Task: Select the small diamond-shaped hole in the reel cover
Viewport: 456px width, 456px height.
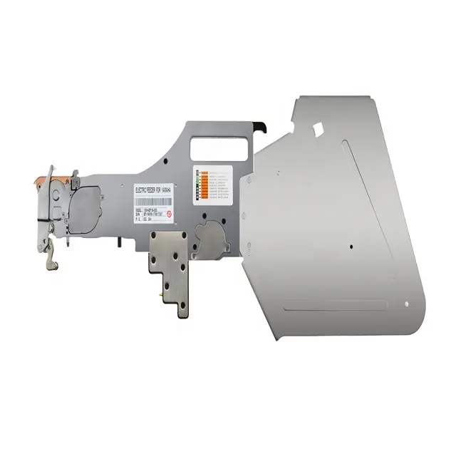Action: pyautogui.click(x=318, y=132)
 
